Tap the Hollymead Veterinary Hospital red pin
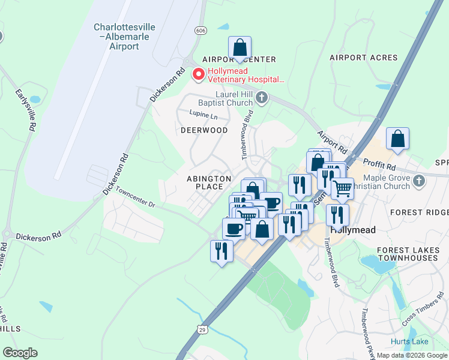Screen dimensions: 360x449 tap(197, 74)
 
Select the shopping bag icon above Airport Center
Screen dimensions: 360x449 tap(240, 48)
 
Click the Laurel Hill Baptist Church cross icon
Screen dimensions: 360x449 tap(261, 97)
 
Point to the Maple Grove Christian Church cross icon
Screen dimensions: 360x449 tap(420, 181)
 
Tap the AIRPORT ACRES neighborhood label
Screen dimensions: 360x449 tap(363, 58)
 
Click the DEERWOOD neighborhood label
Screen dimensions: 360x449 tap(205, 130)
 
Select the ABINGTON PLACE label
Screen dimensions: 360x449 tap(209, 182)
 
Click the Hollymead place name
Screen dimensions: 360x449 tap(352, 230)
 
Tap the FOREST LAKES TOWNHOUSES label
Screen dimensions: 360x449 tap(408, 254)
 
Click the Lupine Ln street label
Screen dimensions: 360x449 tap(203, 114)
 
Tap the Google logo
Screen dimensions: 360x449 tap(20, 352)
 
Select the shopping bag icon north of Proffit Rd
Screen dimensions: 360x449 tap(397, 139)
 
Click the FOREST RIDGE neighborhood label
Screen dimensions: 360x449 tap(418, 212)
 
